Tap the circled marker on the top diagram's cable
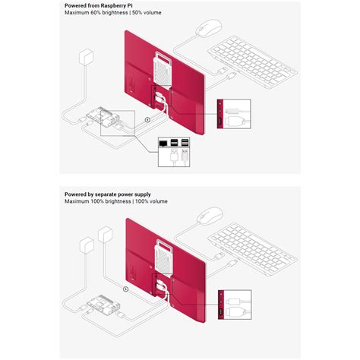tap(147, 118)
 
